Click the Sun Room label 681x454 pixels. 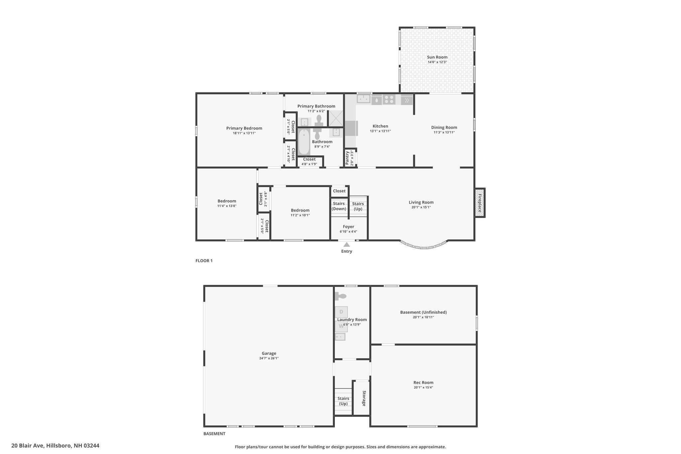(437, 57)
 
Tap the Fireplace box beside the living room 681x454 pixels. (479, 203)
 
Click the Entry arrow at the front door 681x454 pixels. (346, 244)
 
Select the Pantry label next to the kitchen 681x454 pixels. (347, 158)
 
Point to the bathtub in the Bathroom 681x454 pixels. (304, 142)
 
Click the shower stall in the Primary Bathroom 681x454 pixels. (336, 118)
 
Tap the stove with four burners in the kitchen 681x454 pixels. (389, 99)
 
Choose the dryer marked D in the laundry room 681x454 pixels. (341, 312)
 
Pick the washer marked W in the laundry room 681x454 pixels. (341, 326)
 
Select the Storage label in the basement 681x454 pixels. (364, 398)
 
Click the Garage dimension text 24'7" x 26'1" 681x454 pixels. (269, 358)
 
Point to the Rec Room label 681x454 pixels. (423, 382)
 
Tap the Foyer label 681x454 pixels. (348, 227)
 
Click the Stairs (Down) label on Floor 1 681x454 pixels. (339, 206)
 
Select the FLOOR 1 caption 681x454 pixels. (204, 261)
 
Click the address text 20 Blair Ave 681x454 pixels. (28, 445)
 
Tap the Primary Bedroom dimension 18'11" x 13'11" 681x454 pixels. (244, 133)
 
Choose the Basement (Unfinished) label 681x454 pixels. (423, 312)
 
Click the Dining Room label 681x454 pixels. (444, 127)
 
